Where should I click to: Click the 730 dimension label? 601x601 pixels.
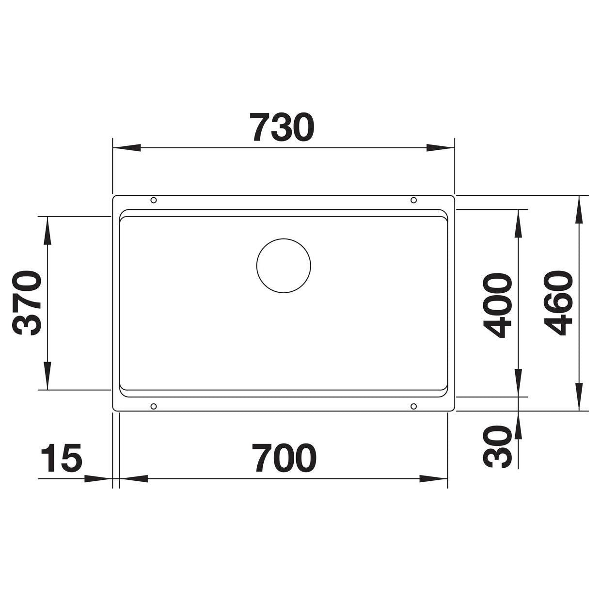pyautogui.click(x=282, y=127)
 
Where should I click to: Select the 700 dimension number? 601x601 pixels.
pyautogui.click(x=284, y=458)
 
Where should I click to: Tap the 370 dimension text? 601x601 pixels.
pyautogui.click(x=27, y=303)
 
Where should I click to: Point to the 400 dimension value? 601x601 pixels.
pyautogui.click(x=497, y=306)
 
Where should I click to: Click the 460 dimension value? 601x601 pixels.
pyautogui.click(x=558, y=303)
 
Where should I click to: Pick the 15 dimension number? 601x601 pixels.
pyautogui.click(x=62, y=458)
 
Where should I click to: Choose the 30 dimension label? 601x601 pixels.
pyautogui.click(x=497, y=446)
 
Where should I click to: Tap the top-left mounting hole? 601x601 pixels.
pyautogui.click(x=154, y=200)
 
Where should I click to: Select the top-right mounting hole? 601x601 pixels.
pyautogui.click(x=413, y=200)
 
